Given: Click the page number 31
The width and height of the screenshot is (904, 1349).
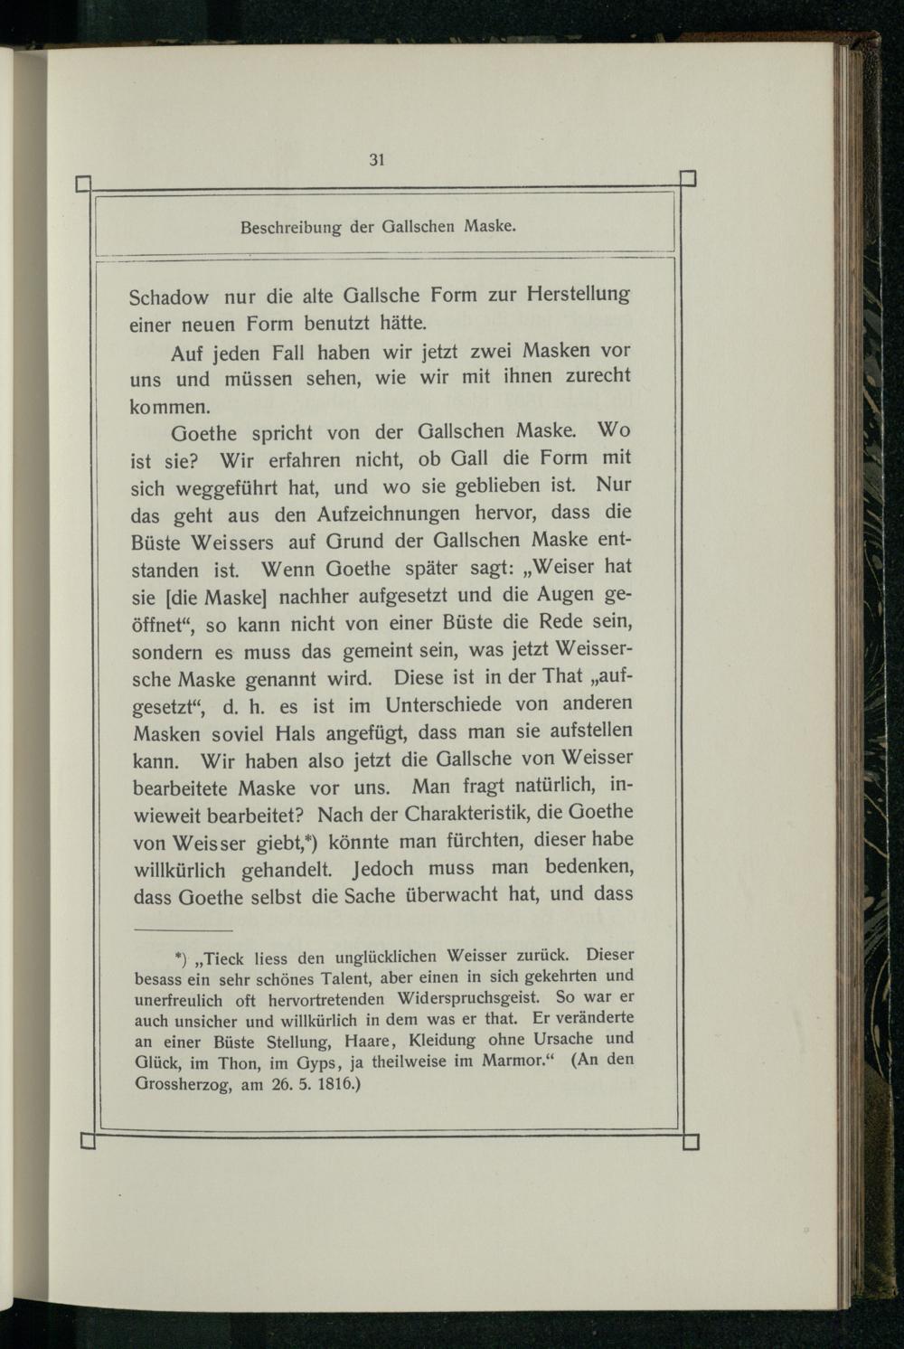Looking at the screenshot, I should click(377, 160).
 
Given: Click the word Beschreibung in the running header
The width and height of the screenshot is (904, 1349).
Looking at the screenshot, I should click(291, 227).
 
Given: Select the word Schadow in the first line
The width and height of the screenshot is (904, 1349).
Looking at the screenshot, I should click(169, 297).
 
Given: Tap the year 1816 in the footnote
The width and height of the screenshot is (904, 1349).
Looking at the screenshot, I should click(335, 1083).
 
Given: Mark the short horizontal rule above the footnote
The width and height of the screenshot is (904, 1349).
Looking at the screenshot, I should click(184, 929).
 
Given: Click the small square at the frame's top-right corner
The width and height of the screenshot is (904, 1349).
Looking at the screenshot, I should click(687, 178).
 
